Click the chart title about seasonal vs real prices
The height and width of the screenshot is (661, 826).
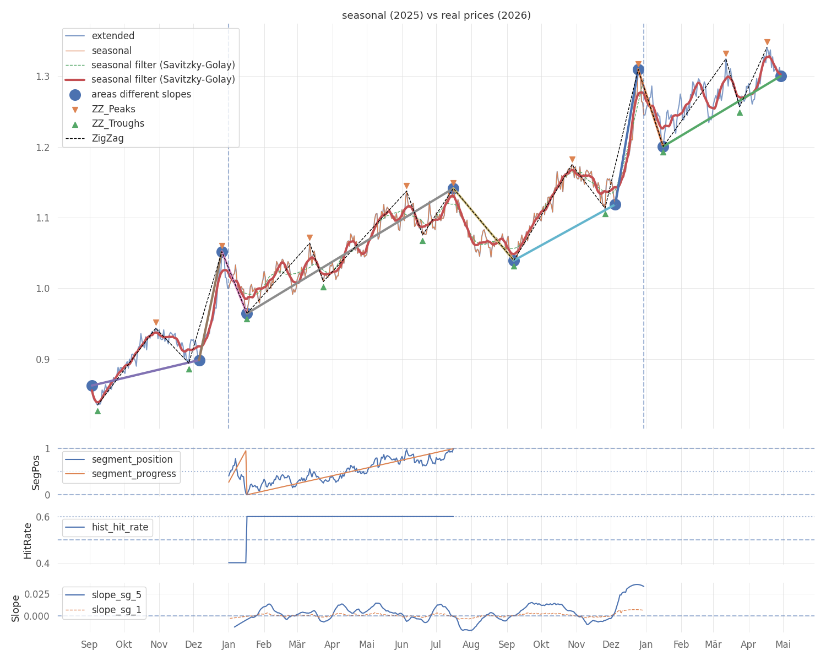pos(436,15)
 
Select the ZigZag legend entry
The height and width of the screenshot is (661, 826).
pos(107,138)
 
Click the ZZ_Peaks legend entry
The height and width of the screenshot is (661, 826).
pos(113,109)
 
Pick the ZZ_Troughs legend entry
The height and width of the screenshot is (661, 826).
pos(118,123)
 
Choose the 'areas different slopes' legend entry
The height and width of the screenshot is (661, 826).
pos(141,94)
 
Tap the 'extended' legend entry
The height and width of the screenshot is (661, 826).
pos(113,36)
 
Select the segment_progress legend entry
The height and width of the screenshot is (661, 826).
pos(134,474)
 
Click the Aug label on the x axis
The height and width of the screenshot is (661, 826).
pos(471,644)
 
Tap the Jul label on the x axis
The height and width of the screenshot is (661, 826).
pos(436,644)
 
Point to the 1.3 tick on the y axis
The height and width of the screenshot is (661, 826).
pos(42,76)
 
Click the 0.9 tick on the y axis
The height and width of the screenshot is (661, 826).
pos(42,359)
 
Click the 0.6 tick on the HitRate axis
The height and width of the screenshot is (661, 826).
pos(42,517)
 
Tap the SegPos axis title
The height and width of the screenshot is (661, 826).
pos(36,472)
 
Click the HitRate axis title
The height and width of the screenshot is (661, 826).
pos(28,540)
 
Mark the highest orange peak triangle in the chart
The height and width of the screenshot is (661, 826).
pos(767,42)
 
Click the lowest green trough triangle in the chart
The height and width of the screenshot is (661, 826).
pos(97,411)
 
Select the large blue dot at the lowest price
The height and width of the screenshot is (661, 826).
pos(92,386)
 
